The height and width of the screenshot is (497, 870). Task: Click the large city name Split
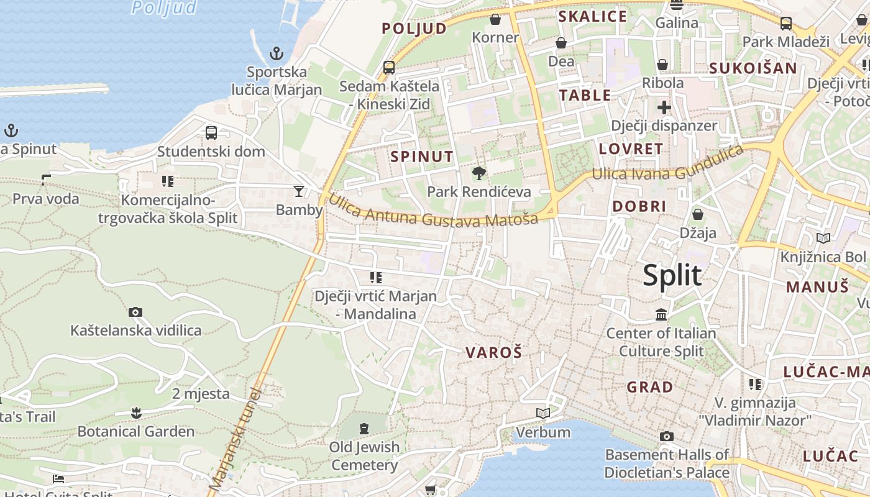(x=672, y=275)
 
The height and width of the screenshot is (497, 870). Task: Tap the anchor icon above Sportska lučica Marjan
(x=277, y=53)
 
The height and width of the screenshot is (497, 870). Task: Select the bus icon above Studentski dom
(x=211, y=132)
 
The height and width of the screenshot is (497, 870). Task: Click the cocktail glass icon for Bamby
(x=299, y=191)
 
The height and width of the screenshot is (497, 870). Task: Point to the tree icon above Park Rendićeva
(x=478, y=173)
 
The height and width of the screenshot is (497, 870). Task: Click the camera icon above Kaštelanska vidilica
(x=135, y=312)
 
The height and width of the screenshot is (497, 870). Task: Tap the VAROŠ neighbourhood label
(x=494, y=353)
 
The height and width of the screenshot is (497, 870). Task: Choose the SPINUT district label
(x=422, y=157)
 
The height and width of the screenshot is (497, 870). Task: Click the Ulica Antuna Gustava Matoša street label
(x=433, y=211)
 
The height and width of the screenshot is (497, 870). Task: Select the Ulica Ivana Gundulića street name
(x=667, y=164)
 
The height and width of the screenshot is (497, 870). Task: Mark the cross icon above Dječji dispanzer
(x=664, y=107)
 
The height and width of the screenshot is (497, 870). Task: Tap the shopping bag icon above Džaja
(x=698, y=215)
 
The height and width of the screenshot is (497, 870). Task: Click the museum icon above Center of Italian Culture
(x=661, y=315)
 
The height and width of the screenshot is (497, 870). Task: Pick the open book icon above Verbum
(x=543, y=413)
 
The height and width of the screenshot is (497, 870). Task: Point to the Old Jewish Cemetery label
(x=364, y=456)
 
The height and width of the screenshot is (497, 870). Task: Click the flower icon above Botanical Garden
(x=136, y=412)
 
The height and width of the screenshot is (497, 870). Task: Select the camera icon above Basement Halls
(x=667, y=436)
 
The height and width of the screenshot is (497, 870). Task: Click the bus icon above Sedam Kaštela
(x=389, y=67)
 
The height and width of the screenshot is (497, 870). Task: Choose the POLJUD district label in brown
(x=414, y=29)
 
